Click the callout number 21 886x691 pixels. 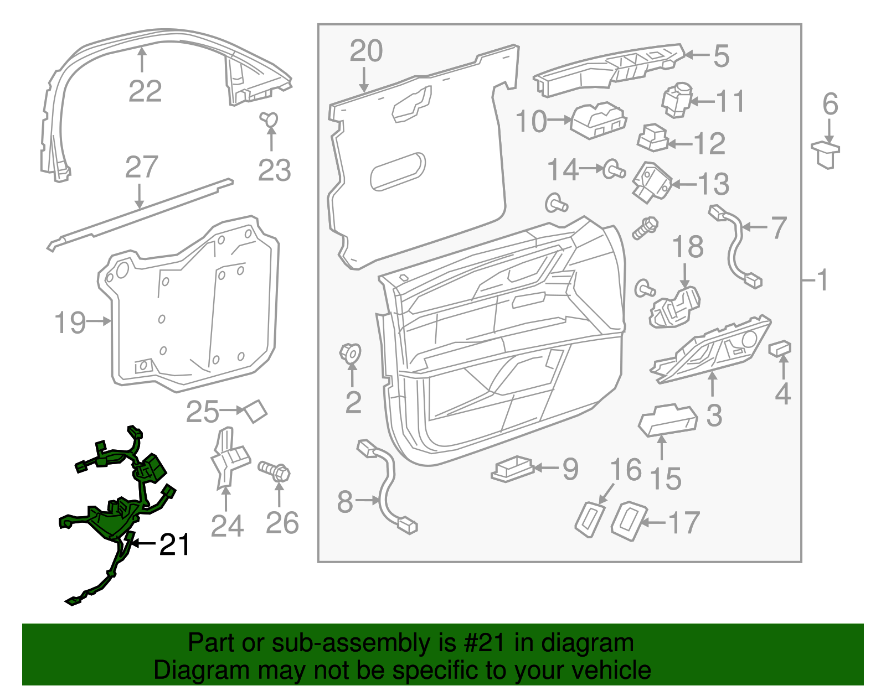[x=175, y=545]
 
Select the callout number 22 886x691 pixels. [x=145, y=91]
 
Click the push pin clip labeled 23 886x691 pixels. [x=270, y=119]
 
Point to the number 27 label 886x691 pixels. [x=142, y=167]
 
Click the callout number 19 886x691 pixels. [x=70, y=322]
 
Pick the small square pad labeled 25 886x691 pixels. [x=256, y=411]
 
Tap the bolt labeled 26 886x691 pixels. [x=275, y=471]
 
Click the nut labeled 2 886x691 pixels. [x=350, y=353]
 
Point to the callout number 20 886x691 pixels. [x=366, y=51]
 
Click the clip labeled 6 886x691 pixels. [x=826, y=154]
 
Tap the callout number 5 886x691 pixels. [x=721, y=56]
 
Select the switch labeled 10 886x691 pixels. [x=598, y=120]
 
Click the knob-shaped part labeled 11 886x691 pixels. [x=677, y=100]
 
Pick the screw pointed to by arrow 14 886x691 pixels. [x=614, y=169]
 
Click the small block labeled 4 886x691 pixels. [x=780, y=349]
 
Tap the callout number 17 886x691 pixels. [x=684, y=523]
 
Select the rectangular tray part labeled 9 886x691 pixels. [x=512, y=469]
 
